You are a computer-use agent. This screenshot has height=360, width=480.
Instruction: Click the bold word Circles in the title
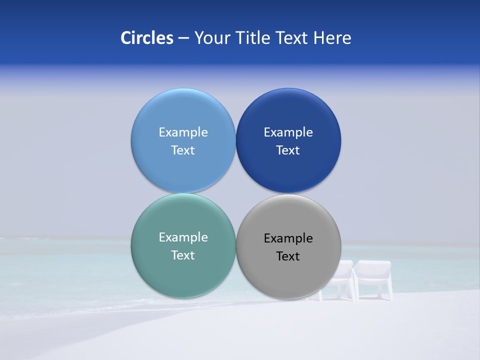point(147,38)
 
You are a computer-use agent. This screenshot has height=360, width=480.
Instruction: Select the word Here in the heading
point(332,38)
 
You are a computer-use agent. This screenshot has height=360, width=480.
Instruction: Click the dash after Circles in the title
point(183,38)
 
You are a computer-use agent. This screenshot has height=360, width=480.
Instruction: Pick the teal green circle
point(183,275)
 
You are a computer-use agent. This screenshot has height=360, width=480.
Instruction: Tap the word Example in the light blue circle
point(183,132)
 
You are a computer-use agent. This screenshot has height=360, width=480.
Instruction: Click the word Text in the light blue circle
point(183,150)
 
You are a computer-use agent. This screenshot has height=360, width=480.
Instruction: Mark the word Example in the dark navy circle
point(288,132)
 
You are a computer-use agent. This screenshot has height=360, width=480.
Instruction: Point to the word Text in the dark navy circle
point(288,150)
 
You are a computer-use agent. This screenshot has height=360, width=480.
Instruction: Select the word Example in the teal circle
point(183,237)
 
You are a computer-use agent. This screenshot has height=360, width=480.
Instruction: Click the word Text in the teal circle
point(183,255)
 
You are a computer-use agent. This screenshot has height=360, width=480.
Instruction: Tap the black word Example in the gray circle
point(288,238)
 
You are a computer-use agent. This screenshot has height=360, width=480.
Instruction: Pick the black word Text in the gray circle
point(288,256)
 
